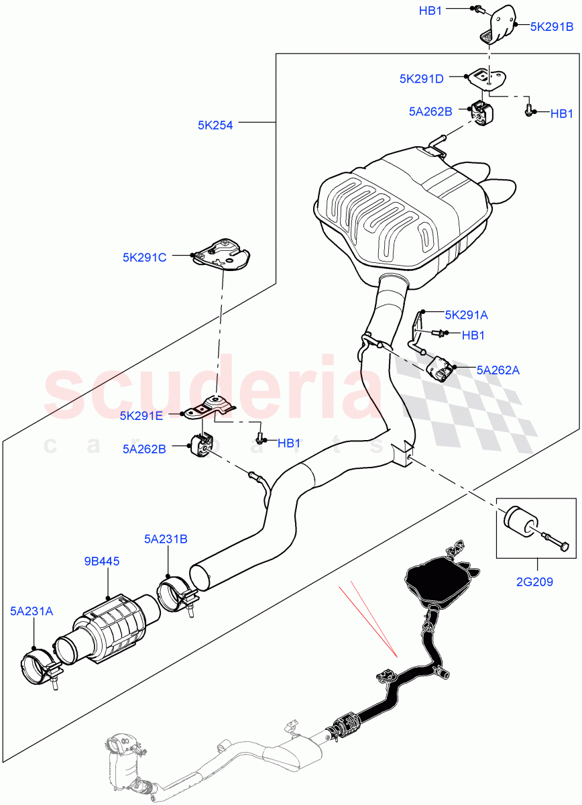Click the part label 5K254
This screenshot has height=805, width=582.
[x=215, y=124]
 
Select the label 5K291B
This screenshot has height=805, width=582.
[x=552, y=27]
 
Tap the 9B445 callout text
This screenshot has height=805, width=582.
[x=103, y=561]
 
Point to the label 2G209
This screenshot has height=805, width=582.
[x=534, y=582]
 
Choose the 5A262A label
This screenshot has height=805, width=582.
[x=498, y=369]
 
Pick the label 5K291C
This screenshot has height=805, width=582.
[x=144, y=256]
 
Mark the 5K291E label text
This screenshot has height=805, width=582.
[x=141, y=415]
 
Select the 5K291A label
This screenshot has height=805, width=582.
[x=466, y=313]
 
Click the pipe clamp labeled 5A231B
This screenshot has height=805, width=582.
[x=177, y=592]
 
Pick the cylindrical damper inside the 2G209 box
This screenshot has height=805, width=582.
[x=519, y=520]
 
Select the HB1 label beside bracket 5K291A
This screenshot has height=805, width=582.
[x=473, y=335]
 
